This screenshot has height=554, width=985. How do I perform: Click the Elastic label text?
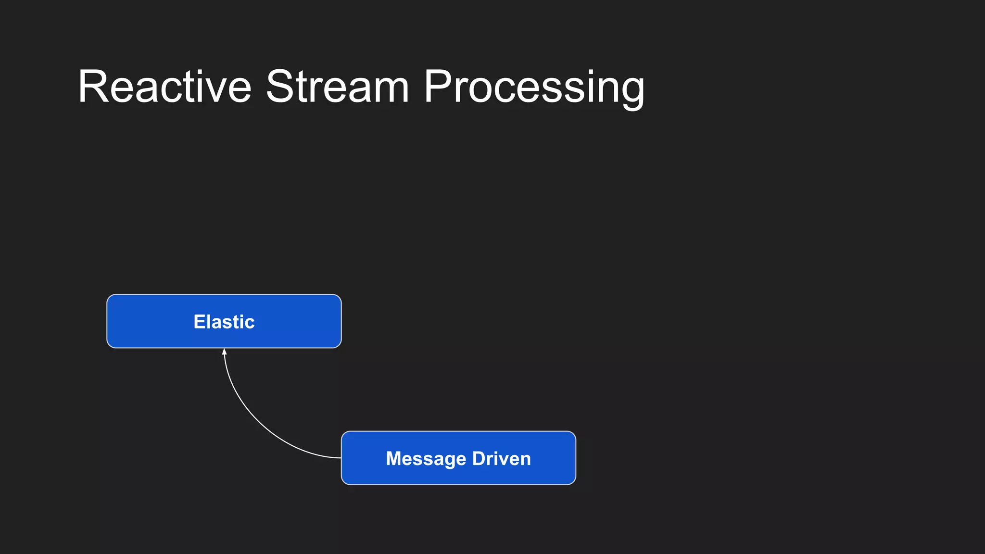[224, 322]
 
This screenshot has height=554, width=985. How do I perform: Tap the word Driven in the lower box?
[502, 459]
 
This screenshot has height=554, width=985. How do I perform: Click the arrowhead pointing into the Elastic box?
[224, 352]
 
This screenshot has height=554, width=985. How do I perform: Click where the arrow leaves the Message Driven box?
[341, 458]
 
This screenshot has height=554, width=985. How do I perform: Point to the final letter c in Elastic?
[250, 323]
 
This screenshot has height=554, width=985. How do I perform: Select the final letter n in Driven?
[526, 460]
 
